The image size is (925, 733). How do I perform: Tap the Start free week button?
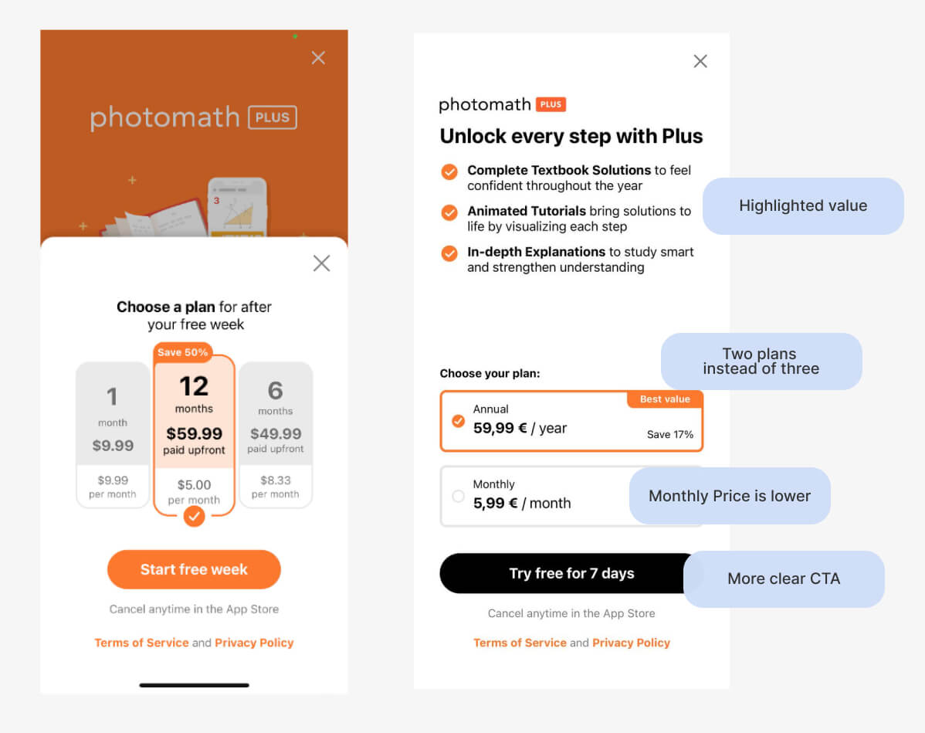pyautogui.click(x=194, y=570)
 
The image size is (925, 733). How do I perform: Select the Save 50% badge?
pyautogui.click(x=182, y=352)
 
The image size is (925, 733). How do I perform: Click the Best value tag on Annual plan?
pyautogui.click(x=664, y=399)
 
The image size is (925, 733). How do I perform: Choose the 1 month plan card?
pyautogui.click(x=113, y=435)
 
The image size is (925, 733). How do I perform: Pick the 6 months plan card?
pyautogui.click(x=276, y=435)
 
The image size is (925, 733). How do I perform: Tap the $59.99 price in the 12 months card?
pyautogui.click(x=194, y=434)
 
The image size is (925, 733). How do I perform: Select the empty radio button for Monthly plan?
pyautogui.click(x=458, y=496)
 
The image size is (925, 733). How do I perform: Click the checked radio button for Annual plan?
pyautogui.click(x=458, y=421)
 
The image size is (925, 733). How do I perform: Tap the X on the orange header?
pyautogui.click(x=318, y=58)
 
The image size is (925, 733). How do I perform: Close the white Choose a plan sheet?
pyautogui.click(x=321, y=263)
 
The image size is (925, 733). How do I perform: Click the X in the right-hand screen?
pyautogui.click(x=700, y=61)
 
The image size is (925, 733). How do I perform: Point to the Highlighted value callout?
pyautogui.click(x=803, y=206)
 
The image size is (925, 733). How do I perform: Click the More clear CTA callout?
pyautogui.click(x=784, y=579)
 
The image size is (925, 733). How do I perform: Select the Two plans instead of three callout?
pyautogui.click(x=761, y=361)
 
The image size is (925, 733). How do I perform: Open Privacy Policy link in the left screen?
pyautogui.click(x=254, y=643)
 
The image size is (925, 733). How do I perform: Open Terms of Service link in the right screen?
pyautogui.click(x=520, y=643)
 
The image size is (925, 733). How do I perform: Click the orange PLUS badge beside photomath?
pyautogui.click(x=551, y=104)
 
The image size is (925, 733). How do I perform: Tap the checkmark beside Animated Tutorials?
pyautogui.click(x=449, y=212)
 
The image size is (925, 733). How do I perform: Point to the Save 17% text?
pyautogui.click(x=669, y=435)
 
